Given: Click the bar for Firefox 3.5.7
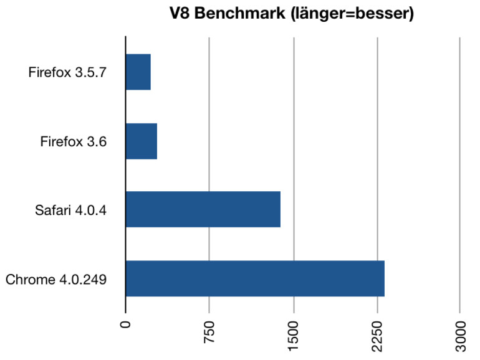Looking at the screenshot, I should [x=138, y=72].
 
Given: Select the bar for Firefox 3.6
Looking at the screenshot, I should [x=142, y=141].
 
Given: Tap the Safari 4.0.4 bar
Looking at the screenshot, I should [x=203, y=210].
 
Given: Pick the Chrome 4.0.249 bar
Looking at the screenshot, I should [x=255, y=278].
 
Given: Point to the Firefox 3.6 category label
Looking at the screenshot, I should [x=74, y=142].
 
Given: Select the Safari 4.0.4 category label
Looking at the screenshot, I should [x=70, y=211].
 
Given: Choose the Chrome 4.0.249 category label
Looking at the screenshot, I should [x=56, y=279].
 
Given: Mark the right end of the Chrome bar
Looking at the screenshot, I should [x=383, y=278].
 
